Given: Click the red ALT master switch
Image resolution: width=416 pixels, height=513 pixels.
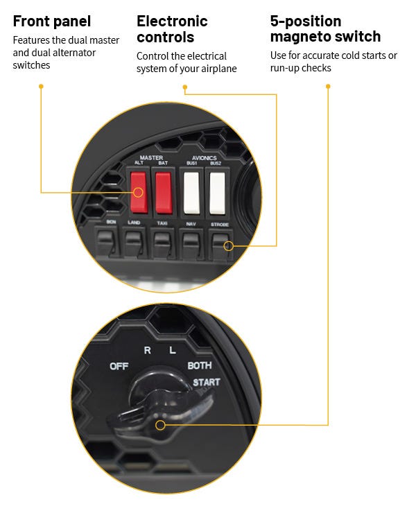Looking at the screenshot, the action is click(139, 193).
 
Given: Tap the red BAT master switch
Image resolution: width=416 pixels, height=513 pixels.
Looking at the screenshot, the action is click(164, 193).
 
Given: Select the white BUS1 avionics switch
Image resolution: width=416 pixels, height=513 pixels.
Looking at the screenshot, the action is click(191, 193).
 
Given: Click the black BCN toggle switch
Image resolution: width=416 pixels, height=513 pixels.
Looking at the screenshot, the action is click(105, 243).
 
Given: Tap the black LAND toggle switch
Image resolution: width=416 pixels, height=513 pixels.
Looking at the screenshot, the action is click(134, 243).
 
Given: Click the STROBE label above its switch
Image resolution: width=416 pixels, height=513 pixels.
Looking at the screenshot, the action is click(220, 225).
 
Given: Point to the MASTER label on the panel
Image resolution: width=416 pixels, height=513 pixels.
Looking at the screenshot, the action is click(151, 157).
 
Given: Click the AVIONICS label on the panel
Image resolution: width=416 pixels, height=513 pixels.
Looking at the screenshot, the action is click(205, 157).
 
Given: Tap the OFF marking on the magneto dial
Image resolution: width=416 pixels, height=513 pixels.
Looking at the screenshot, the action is click(119, 366).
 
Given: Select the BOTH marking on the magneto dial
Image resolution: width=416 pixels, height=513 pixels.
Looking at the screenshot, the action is click(199, 365).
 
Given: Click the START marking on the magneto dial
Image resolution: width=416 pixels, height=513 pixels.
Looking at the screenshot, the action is click(206, 382).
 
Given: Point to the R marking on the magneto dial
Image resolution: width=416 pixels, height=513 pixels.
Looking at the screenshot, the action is click(147, 350).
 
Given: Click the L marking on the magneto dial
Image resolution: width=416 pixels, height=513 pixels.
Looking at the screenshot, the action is click(173, 350).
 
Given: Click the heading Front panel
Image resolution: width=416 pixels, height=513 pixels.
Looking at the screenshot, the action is click(52, 21).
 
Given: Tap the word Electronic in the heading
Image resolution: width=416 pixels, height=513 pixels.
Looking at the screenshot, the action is click(172, 21).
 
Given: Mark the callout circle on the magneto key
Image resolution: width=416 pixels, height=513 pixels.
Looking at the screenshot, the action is click(160, 425).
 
